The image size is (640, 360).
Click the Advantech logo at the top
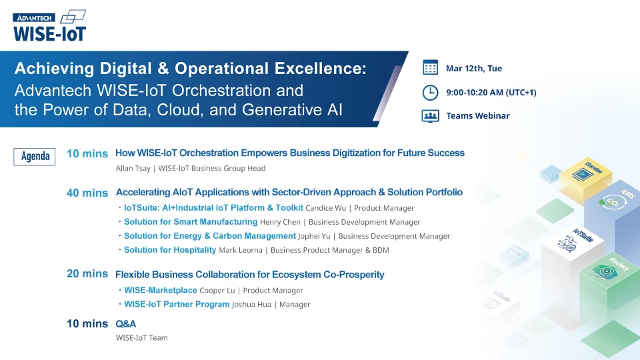click(x=34, y=18)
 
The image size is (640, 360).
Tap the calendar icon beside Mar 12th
click(x=430, y=68)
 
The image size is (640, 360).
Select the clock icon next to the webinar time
click(x=430, y=92)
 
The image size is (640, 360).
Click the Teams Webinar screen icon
click(x=430, y=115)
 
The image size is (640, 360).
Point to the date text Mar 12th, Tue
click(x=474, y=68)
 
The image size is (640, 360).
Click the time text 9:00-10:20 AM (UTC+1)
click(x=491, y=92)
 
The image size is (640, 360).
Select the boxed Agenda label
click(x=35, y=156)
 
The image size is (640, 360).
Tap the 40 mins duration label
click(x=87, y=193)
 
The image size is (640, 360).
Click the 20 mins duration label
click(x=87, y=273)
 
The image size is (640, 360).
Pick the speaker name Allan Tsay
click(x=133, y=169)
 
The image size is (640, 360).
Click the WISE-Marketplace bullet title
click(x=160, y=290)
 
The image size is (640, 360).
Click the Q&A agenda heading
click(x=126, y=323)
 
